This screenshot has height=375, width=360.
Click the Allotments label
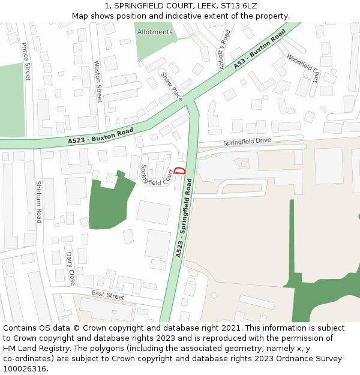[155, 32]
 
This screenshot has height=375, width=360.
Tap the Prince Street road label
[26, 61]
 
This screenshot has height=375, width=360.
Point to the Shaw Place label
[171, 86]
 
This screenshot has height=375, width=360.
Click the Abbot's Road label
[224, 50]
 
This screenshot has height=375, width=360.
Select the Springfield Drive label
[247, 142]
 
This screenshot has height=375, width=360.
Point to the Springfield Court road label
[157, 173]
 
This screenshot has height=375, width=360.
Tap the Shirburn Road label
[38, 202]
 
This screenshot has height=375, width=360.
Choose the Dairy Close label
[71, 268]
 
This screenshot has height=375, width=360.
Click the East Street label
[108, 295]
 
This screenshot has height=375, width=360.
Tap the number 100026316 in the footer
[25, 368]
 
